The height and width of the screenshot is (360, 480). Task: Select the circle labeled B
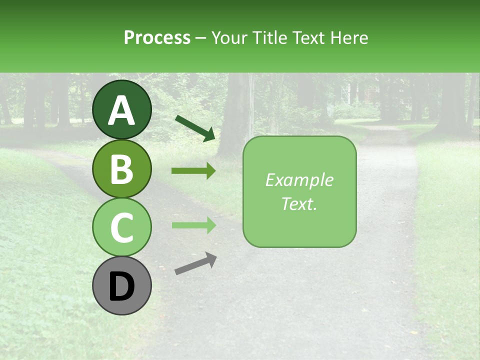(x=122, y=169)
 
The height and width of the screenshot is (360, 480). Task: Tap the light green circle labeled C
(x=122, y=227)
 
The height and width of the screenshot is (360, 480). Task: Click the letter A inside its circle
(x=122, y=110)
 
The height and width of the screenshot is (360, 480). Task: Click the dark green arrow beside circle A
(x=195, y=127)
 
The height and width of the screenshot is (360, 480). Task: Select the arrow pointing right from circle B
(x=193, y=171)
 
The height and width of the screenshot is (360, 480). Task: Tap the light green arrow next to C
(x=193, y=225)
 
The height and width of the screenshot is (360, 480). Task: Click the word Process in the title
(x=157, y=37)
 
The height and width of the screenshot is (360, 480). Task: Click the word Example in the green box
(x=299, y=180)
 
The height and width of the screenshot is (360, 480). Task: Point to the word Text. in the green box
(x=299, y=204)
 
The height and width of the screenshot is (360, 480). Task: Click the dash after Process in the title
(x=201, y=38)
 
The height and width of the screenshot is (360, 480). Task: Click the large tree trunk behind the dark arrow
(x=235, y=115)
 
